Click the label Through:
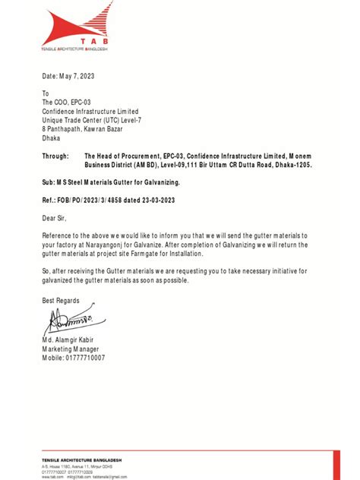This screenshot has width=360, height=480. [57, 156]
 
